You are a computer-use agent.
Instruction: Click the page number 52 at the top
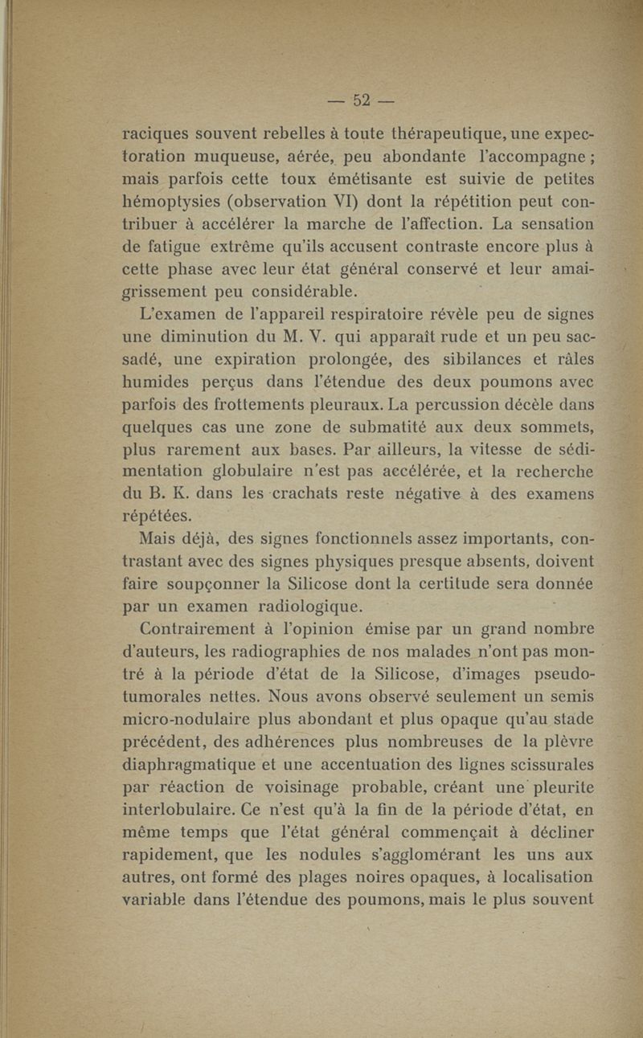(x=363, y=100)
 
